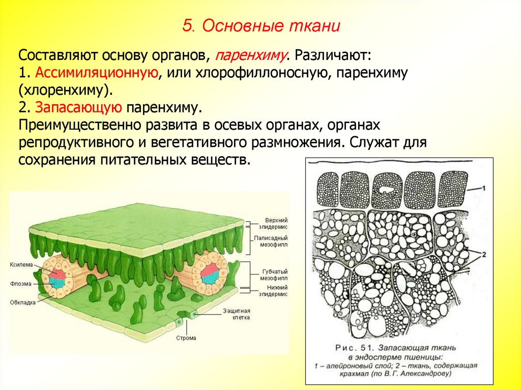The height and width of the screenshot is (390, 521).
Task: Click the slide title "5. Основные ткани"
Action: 261,25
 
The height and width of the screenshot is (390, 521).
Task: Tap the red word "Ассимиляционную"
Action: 95,72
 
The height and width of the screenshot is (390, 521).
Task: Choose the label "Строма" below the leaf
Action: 186,338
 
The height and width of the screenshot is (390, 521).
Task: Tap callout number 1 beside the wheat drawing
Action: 484,188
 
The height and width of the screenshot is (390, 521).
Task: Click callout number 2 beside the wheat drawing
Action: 484,254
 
